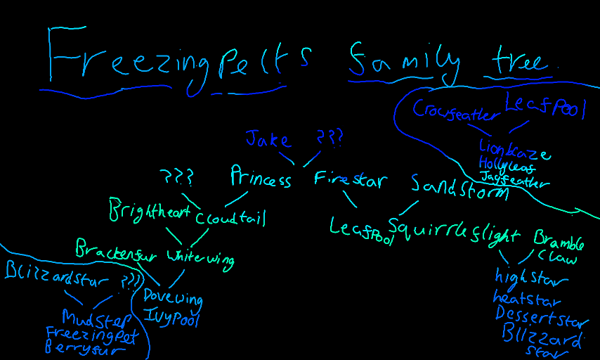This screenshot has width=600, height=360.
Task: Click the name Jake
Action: tap(267, 138)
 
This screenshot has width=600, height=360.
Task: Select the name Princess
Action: tap(261, 179)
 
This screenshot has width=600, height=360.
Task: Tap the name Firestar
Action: tap(350, 180)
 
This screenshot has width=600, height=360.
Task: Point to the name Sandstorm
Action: tap(459, 186)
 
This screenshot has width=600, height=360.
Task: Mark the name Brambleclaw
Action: tap(559, 247)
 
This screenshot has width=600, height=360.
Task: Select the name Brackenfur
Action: tap(119, 249)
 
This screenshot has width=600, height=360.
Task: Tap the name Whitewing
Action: tap(200, 258)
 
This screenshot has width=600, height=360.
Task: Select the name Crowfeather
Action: tap(455, 111)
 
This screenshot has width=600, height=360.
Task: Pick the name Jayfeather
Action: tap(514, 181)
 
